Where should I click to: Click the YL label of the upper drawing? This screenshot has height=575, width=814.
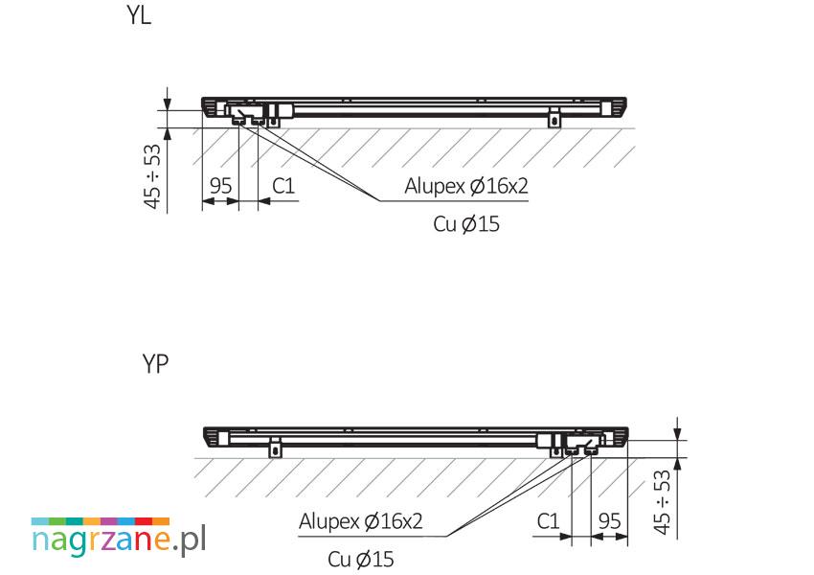[x=139, y=15]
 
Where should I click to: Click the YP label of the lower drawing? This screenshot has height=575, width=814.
[x=155, y=363]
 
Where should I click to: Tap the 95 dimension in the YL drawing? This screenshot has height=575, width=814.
[x=220, y=185]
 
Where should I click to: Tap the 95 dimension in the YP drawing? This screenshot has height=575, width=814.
[x=609, y=521]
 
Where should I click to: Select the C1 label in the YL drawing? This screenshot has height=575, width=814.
[x=283, y=185]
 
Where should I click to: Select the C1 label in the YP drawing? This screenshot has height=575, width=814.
[x=548, y=521]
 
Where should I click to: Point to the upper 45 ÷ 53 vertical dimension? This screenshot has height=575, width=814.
[x=152, y=176]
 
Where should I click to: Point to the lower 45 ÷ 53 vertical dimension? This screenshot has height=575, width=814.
[x=663, y=502]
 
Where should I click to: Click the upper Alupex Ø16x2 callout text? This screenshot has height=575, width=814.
[x=466, y=186]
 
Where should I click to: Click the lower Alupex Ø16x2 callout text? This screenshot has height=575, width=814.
[x=361, y=521]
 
